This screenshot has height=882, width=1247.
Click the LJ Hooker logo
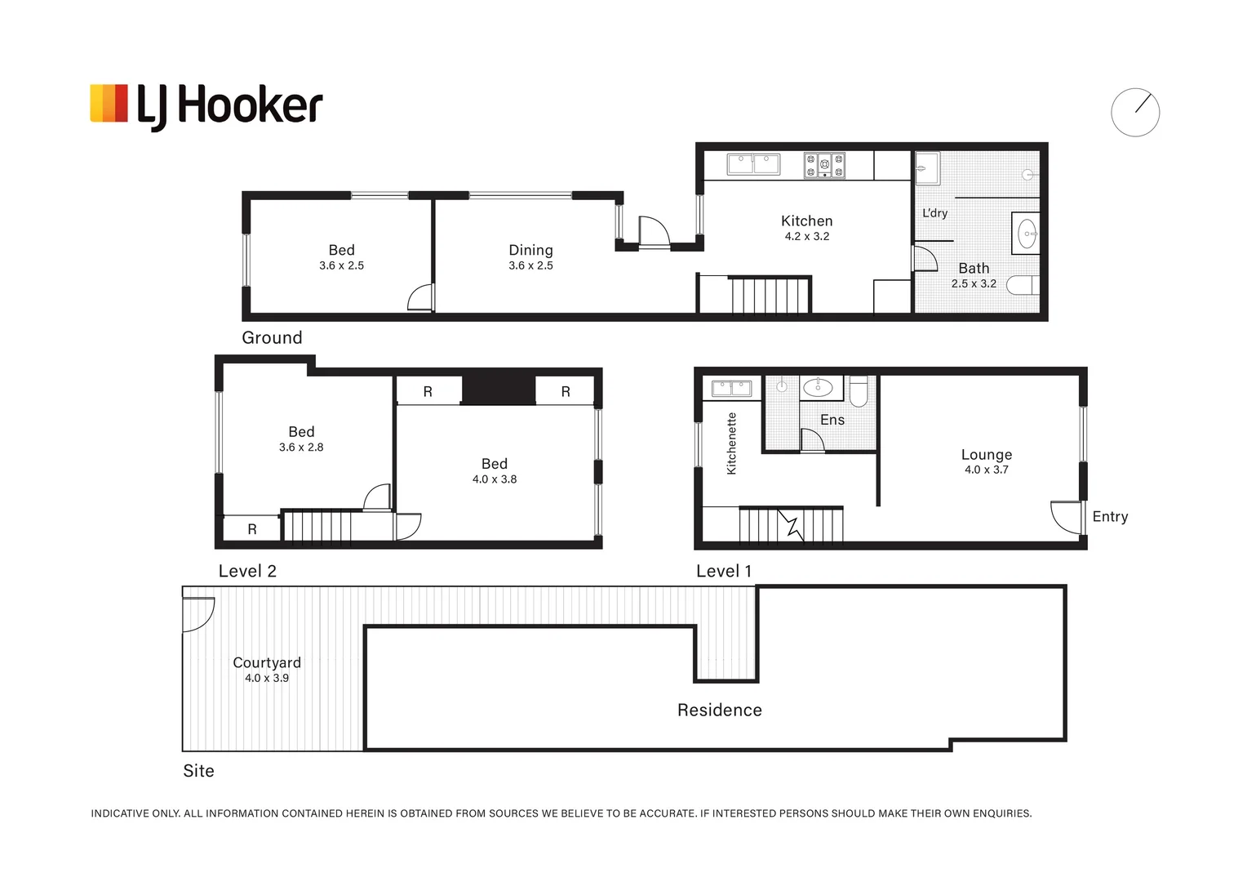pos(206,107)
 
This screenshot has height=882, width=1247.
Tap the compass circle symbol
pos(1135,112)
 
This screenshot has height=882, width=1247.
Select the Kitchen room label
pos(806,220)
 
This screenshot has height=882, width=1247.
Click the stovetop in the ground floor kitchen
pos(824,166)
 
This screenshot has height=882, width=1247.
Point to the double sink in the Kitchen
pos(753,164)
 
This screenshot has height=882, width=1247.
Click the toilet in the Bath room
pos(1023,285)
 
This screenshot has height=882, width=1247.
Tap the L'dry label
pos(934,213)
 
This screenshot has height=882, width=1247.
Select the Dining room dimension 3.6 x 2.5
pos(530,265)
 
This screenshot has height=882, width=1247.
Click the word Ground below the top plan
pos(272,337)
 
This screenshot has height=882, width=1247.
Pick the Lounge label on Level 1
pos(987,455)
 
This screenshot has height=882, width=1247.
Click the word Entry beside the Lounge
pos(1110,516)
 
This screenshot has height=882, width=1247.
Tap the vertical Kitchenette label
pos(731,443)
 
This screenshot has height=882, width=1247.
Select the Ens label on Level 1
pos(832,420)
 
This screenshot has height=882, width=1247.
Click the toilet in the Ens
pos(859,391)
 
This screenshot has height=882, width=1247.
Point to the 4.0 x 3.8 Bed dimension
pos(495,479)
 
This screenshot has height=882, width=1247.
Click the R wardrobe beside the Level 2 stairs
pos(251,528)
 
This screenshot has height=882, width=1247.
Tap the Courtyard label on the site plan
pos(267,662)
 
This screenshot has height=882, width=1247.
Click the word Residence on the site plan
pos(719,710)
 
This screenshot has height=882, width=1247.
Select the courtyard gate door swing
pos(199,615)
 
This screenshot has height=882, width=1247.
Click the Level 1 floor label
pos(724,571)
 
